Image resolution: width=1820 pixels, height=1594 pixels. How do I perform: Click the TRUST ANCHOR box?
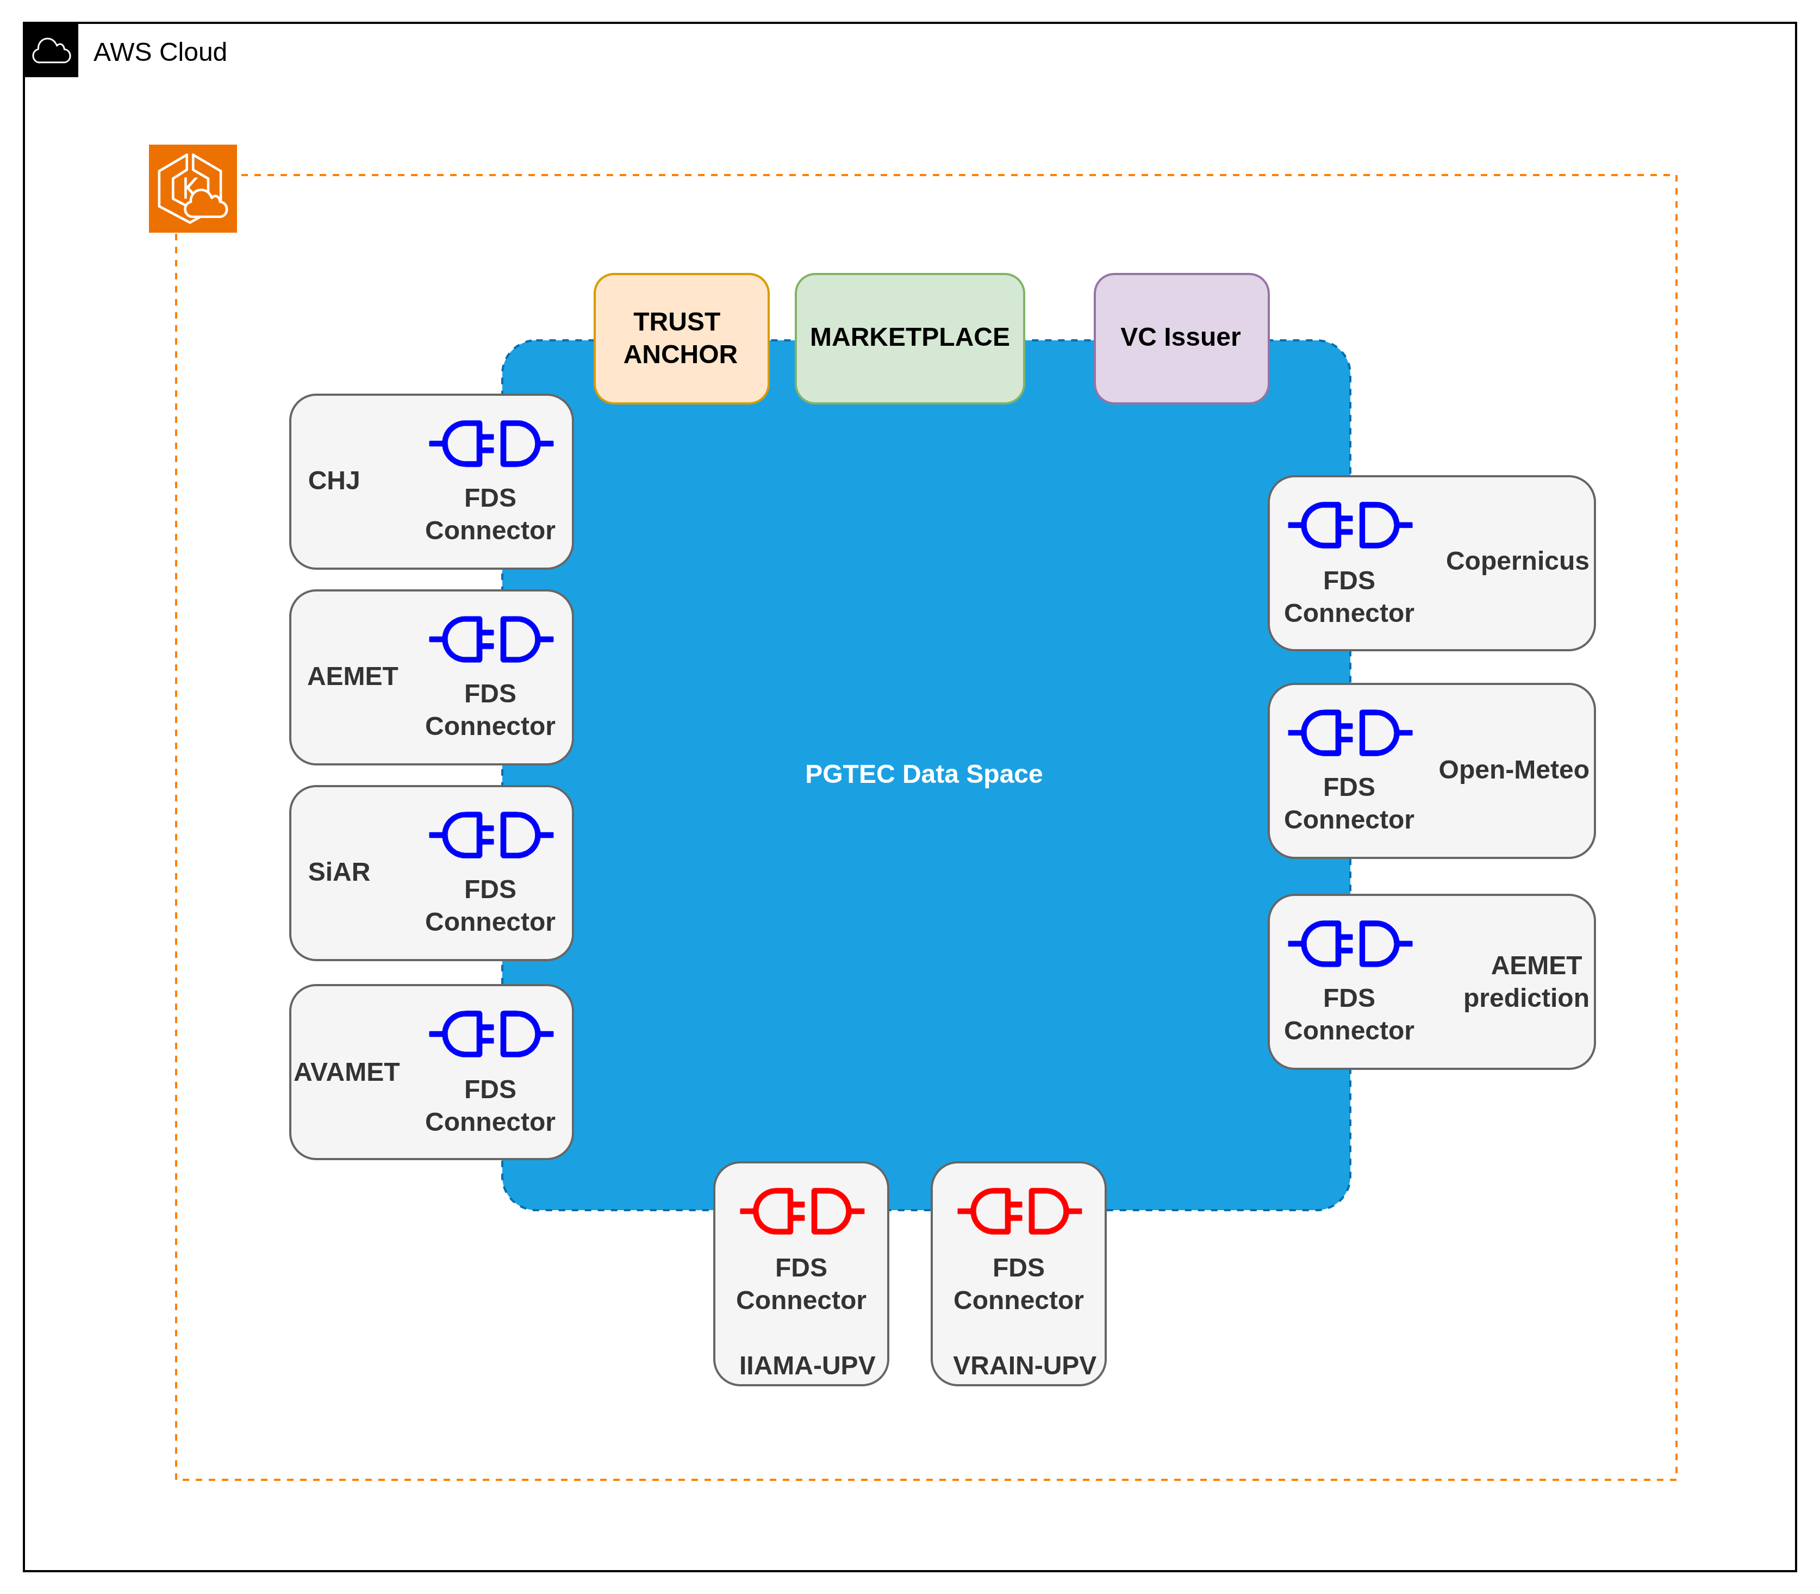[x=681, y=338]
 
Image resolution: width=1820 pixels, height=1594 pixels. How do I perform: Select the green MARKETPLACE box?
[x=909, y=338]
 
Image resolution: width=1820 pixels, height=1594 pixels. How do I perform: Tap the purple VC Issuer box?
[x=1180, y=338]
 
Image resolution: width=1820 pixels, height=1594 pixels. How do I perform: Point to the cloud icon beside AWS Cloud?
[x=52, y=52]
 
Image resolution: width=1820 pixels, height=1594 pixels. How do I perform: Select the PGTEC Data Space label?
[x=924, y=774]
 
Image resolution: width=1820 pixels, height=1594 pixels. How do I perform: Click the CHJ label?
[x=334, y=481]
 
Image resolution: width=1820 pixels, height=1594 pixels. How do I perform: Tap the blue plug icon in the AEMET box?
[x=491, y=639]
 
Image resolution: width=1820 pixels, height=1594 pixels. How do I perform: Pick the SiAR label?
[x=339, y=871]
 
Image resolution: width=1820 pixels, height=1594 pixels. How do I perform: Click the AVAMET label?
[x=347, y=1072]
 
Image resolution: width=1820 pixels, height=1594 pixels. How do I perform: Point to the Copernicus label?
[x=1517, y=561]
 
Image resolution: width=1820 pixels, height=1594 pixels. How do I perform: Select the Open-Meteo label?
[x=1513, y=769]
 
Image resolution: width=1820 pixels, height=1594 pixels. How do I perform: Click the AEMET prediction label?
[x=1525, y=981]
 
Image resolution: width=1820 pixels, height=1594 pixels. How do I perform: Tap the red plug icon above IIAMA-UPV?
[x=801, y=1211]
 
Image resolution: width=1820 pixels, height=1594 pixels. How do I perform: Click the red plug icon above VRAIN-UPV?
[x=1019, y=1211]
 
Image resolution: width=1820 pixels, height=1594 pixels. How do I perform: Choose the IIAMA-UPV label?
[x=807, y=1366]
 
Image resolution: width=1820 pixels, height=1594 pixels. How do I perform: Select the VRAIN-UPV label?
[x=1024, y=1366]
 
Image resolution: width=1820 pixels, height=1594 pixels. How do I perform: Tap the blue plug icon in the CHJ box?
[x=491, y=443]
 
